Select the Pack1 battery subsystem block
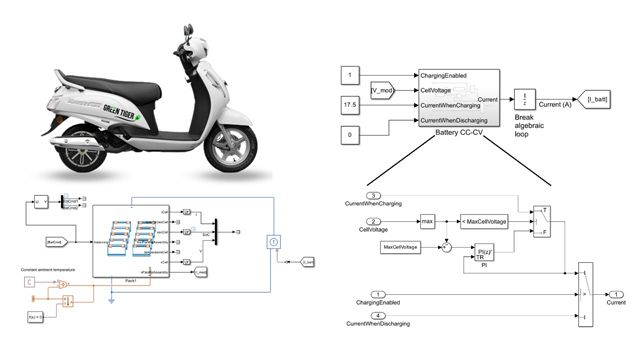(134, 241)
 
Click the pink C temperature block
(28, 282)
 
